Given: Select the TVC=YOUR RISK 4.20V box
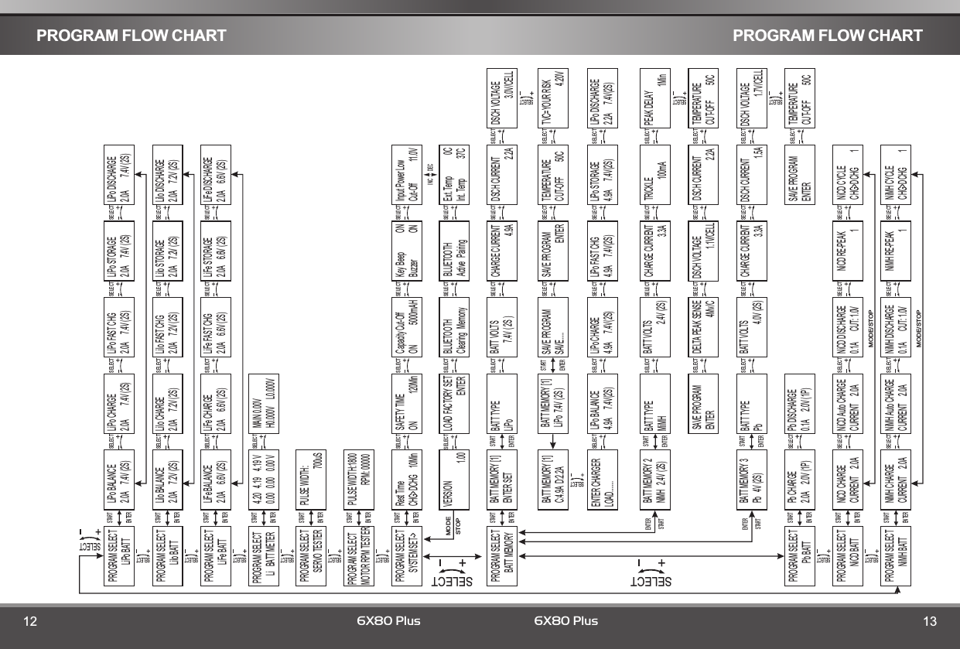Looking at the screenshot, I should pos(550,94).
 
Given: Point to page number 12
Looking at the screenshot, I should pos(30,621).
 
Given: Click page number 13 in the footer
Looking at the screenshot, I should pos(929,621).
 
